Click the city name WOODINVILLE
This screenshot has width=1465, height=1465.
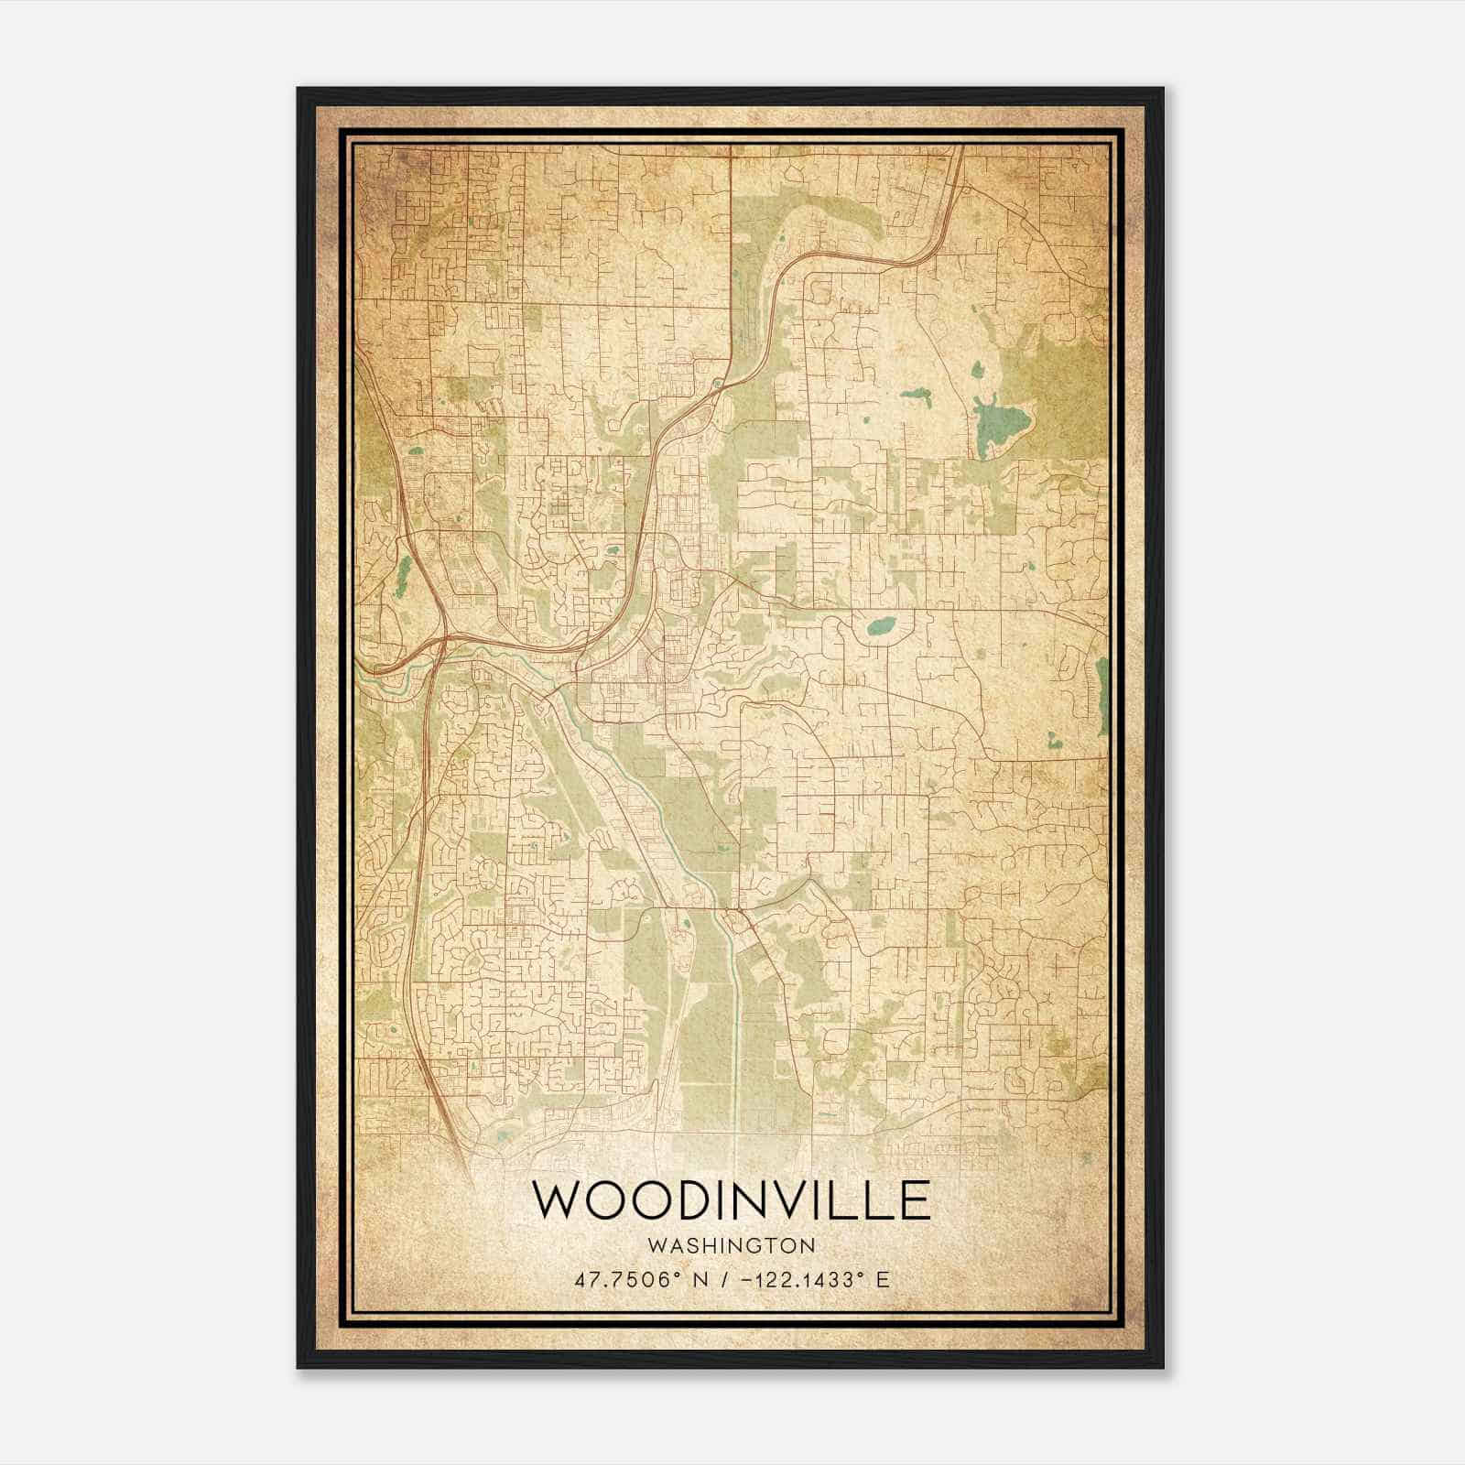[732, 1201]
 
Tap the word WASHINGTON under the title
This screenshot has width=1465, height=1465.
[732, 1246]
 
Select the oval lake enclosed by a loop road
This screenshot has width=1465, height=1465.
[881, 627]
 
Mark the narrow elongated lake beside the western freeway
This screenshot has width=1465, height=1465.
[403, 570]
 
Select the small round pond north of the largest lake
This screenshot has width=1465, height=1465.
[976, 372]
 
